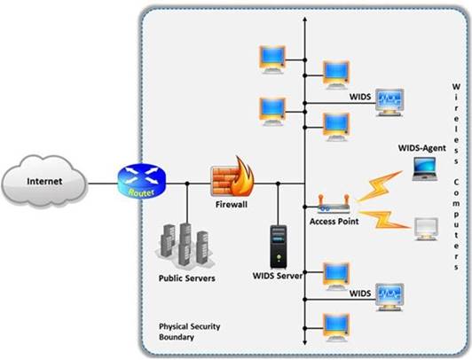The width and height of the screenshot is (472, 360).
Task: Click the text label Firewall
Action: [232, 204]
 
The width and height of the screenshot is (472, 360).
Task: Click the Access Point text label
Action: [334, 222]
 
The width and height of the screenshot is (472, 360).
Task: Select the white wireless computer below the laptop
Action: [428, 230]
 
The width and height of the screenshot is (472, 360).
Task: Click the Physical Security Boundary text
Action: [189, 332]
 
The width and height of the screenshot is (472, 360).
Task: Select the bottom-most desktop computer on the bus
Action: [335, 325]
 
